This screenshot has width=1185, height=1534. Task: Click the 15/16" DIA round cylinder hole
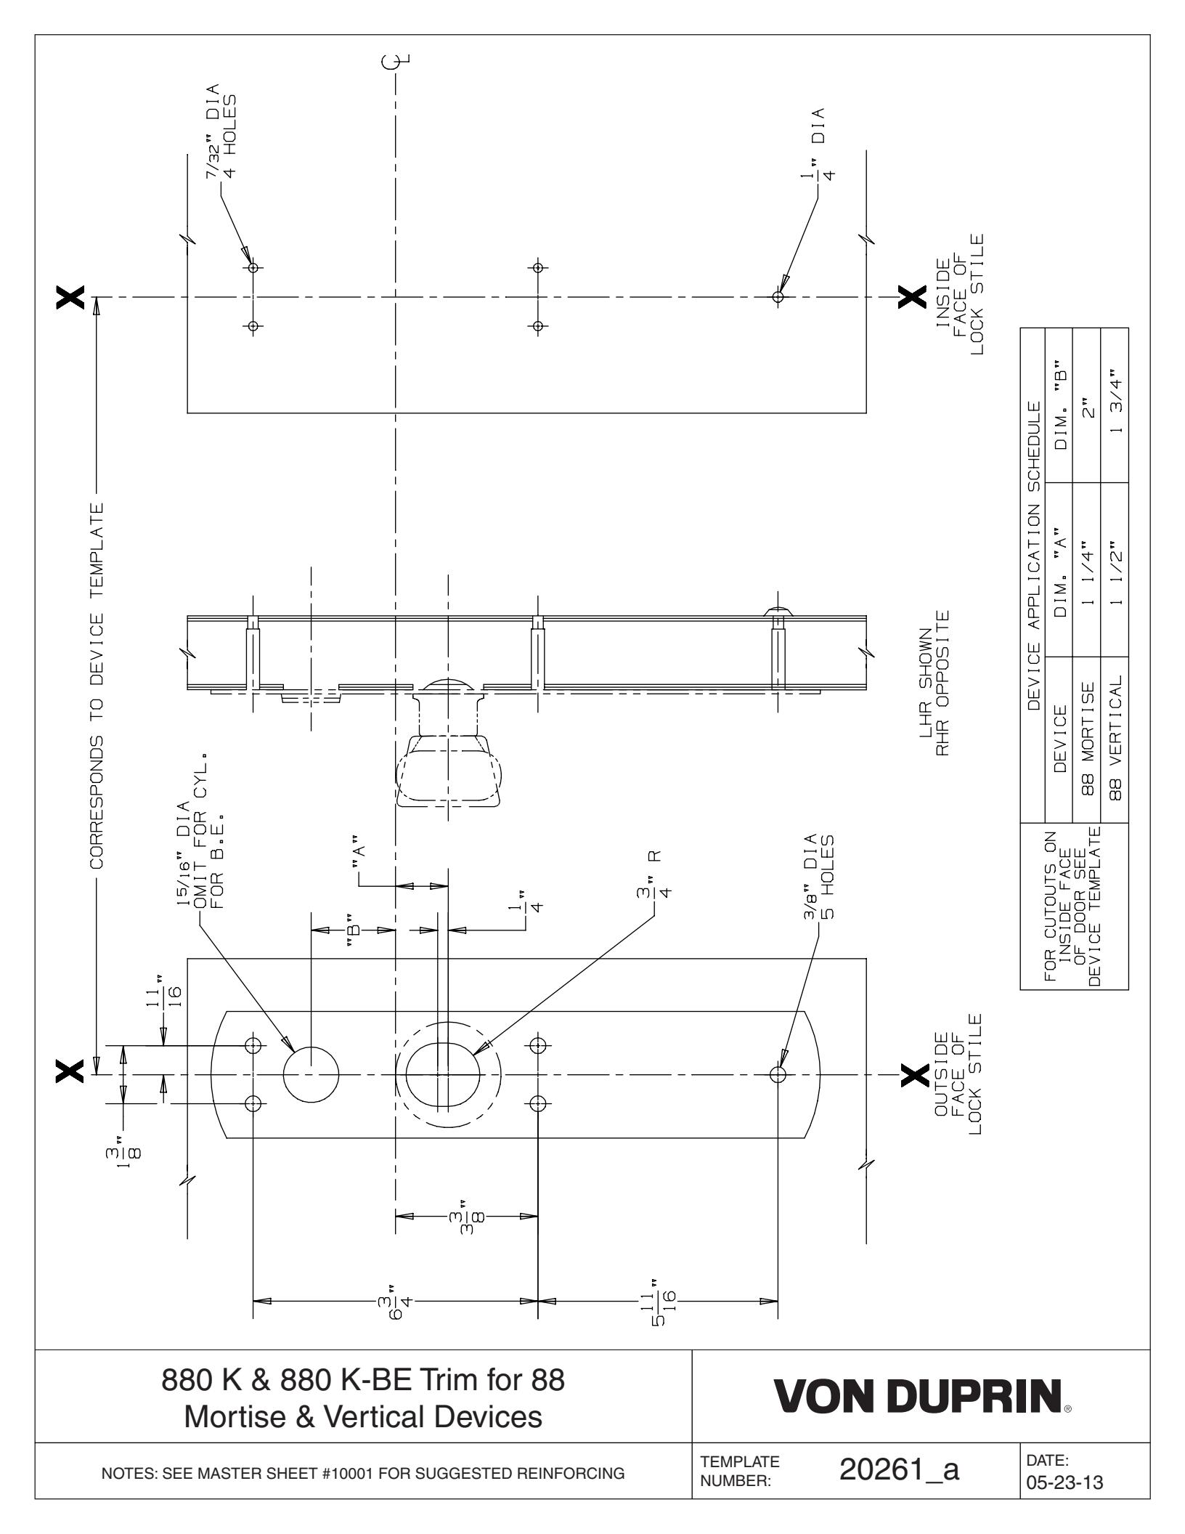(x=311, y=1074)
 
